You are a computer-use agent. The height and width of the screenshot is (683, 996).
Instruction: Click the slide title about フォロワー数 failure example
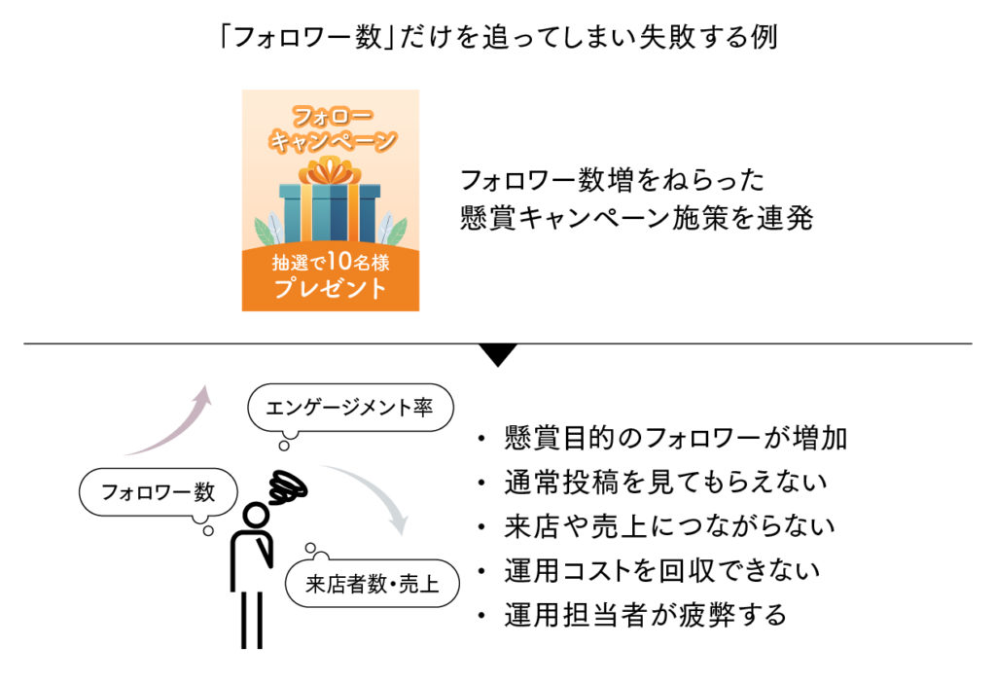[497, 38]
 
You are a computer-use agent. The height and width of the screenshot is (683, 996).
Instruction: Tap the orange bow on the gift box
[330, 172]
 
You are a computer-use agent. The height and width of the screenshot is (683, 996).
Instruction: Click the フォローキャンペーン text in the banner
[331, 128]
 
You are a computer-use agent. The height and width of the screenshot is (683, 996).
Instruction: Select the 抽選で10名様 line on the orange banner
[330, 262]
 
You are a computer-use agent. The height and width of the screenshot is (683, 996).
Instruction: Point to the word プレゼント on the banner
[330, 289]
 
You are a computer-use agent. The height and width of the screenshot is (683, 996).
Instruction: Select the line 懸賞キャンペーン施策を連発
[636, 219]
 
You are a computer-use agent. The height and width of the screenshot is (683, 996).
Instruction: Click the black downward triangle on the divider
[498, 355]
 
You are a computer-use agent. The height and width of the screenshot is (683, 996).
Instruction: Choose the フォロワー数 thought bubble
[159, 492]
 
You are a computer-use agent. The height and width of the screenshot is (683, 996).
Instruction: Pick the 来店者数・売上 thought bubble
[373, 584]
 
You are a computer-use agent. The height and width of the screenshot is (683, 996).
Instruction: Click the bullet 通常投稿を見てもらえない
[665, 483]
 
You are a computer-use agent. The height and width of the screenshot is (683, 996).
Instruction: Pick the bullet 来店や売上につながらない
[669, 526]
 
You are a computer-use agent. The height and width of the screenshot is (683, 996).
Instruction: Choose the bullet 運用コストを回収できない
[661, 571]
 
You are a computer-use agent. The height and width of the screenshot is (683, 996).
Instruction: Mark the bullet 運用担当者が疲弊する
[645, 615]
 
